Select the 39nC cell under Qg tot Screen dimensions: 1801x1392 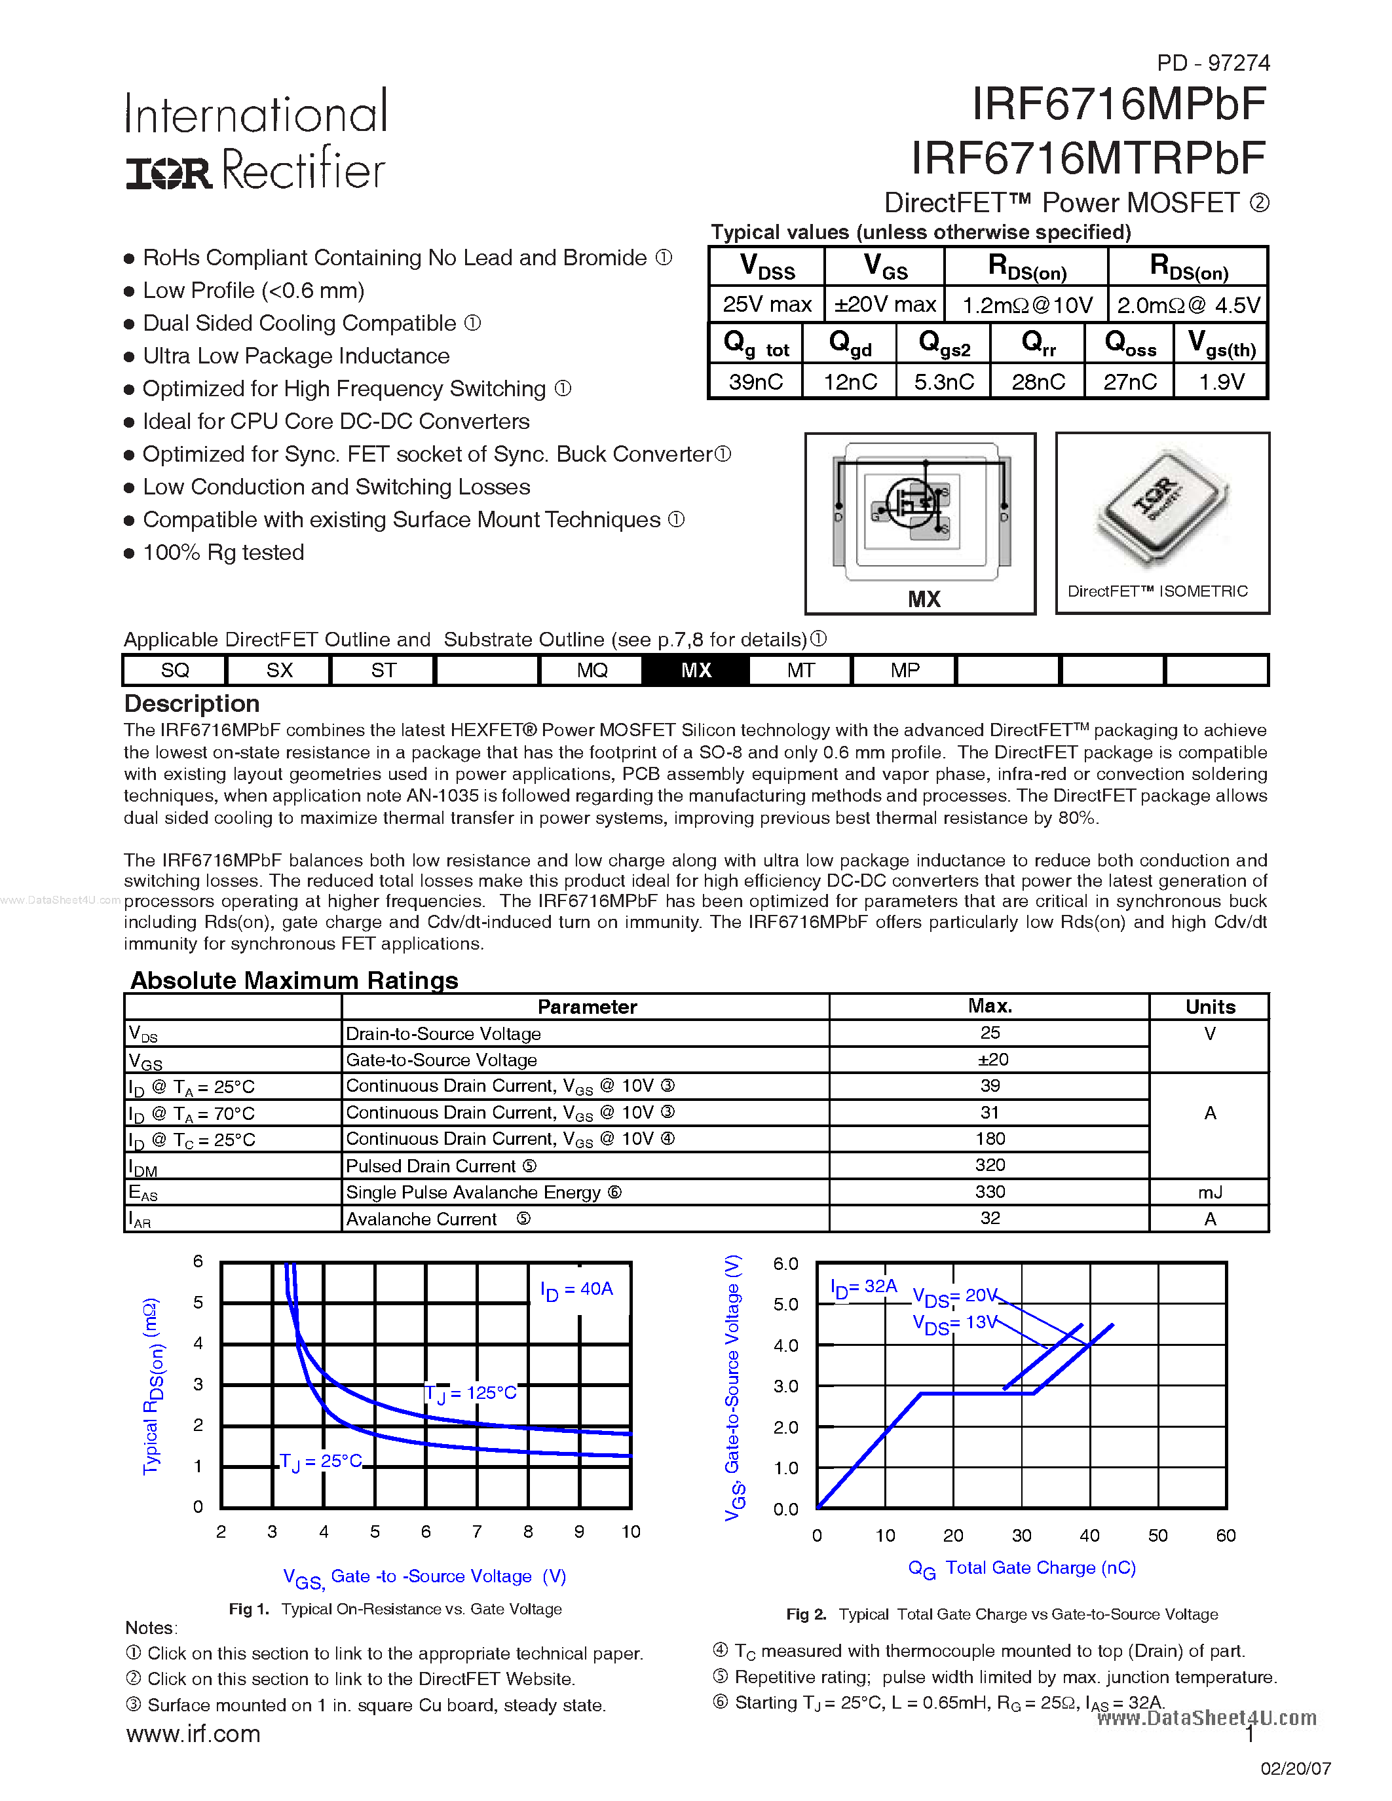pyautogui.click(x=755, y=382)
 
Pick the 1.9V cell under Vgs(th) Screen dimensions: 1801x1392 pyautogui.click(x=1221, y=382)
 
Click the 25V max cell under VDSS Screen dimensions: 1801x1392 pyautogui.click(x=767, y=305)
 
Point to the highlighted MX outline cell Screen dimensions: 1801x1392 pyautogui.click(x=696, y=671)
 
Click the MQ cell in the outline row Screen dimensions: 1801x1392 pyautogui.click(x=592, y=671)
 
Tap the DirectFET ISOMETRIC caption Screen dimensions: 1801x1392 pyautogui.click(x=1157, y=591)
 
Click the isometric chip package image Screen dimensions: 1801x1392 pyautogui.click(x=1161, y=506)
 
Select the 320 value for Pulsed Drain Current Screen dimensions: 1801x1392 pyautogui.click(x=990, y=1165)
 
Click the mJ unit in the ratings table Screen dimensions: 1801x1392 pyautogui.click(x=1210, y=1193)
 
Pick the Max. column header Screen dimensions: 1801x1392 pyautogui.click(x=990, y=1006)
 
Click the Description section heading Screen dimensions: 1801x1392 pyautogui.click(x=192, y=703)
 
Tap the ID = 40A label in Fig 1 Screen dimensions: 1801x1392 pyautogui.click(x=576, y=1290)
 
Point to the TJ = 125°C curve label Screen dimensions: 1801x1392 pyautogui.click(x=471, y=1394)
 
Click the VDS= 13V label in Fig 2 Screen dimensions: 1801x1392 pyautogui.click(x=954, y=1324)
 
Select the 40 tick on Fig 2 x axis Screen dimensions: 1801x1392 pyautogui.click(x=1089, y=1536)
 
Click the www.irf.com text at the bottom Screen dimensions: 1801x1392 pyautogui.click(x=194, y=1734)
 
